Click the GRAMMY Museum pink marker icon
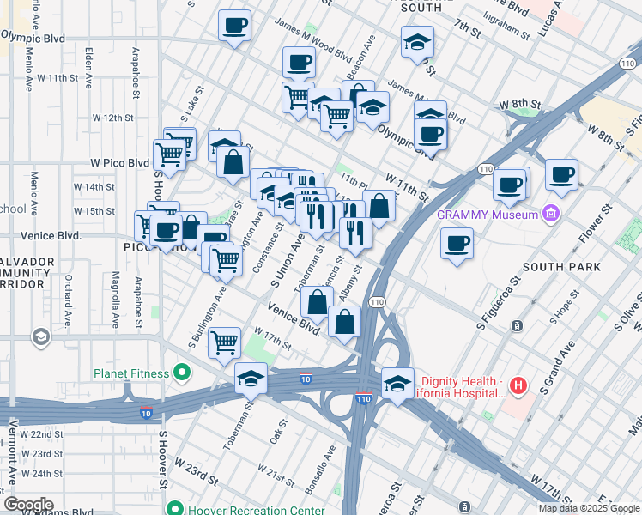tap(551, 214)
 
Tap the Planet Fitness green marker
tap(181, 373)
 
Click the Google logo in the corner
tap(27, 505)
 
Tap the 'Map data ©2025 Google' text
tap(589, 508)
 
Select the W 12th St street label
tap(114, 117)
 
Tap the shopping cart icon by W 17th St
tap(225, 342)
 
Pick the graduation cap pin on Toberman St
tap(251, 378)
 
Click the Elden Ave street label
tap(89, 65)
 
